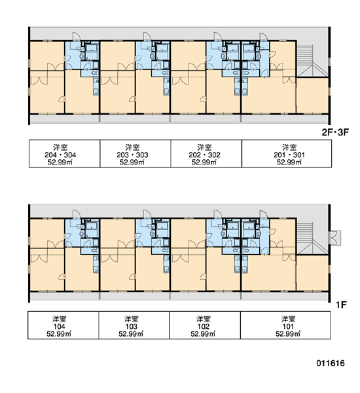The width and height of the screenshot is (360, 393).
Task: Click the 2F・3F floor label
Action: [335, 132]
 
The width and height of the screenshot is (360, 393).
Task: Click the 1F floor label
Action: [341, 305]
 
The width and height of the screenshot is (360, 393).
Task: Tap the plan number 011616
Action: [331, 363]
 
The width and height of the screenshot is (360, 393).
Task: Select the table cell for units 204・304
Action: [65, 154]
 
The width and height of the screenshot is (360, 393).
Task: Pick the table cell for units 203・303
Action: [135, 154]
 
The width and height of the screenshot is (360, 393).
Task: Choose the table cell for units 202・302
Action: [206, 154]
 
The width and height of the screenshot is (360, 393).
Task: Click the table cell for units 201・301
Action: [287, 154]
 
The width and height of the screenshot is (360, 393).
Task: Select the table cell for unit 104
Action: [63, 326]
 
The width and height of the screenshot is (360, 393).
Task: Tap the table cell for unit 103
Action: [134, 326]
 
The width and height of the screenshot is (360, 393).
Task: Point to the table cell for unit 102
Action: [205, 326]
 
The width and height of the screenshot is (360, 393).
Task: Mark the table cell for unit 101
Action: [285, 326]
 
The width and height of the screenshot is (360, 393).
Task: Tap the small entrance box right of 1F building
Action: [334, 238]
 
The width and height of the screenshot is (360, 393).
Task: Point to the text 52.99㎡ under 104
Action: [59, 334]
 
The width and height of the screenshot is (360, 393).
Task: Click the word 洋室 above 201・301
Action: [289, 147]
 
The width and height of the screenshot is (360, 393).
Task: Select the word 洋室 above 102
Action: [203, 319]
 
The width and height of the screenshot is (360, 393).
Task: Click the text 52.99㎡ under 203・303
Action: [132, 162]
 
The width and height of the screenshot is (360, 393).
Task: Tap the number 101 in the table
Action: [288, 327]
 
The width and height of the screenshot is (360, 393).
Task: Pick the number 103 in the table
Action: [132, 327]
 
